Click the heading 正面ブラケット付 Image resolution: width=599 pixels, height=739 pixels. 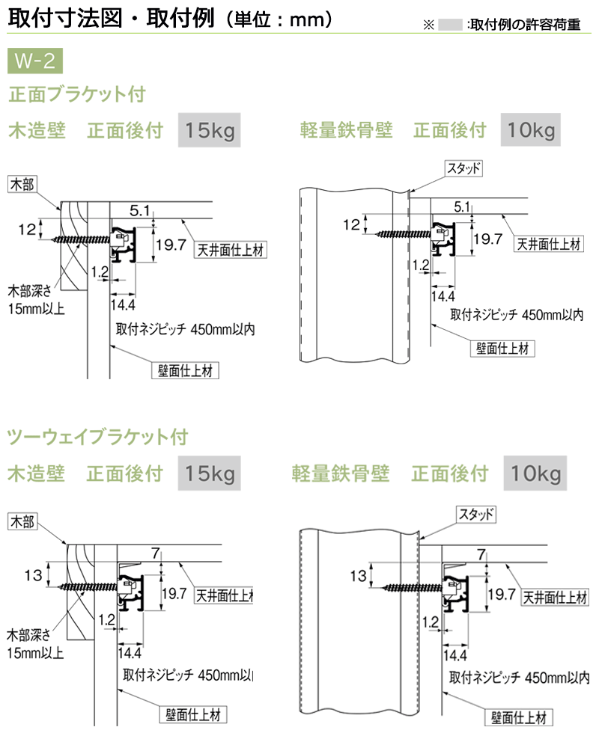[77, 95]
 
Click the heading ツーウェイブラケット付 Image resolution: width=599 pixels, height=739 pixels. [97, 436]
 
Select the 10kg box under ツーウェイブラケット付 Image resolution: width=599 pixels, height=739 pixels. [535, 473]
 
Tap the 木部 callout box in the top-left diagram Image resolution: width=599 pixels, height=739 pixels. [22, 183]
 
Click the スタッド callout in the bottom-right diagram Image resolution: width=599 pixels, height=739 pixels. [475, 514]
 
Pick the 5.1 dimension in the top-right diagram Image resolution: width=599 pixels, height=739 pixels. [462, 206]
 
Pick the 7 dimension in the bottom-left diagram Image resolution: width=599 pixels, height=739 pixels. [155, 554]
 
